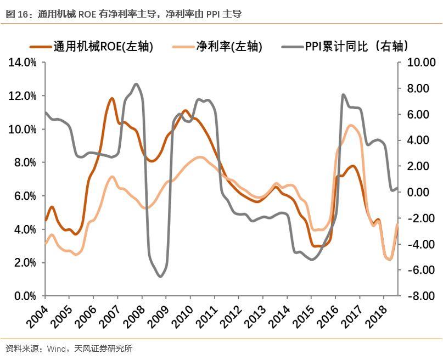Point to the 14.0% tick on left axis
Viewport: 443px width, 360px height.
point(23,63)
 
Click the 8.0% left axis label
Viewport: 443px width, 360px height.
point(25,162)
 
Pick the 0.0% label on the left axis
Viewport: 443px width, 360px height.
point(25,296)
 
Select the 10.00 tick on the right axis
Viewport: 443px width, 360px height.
point(420,63)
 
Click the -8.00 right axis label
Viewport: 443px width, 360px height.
point(420,296)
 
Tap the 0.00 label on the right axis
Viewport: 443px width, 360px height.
point(423,192)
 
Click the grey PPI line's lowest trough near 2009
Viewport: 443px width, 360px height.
point(160,276)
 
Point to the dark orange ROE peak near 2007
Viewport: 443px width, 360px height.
point(112,99)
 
